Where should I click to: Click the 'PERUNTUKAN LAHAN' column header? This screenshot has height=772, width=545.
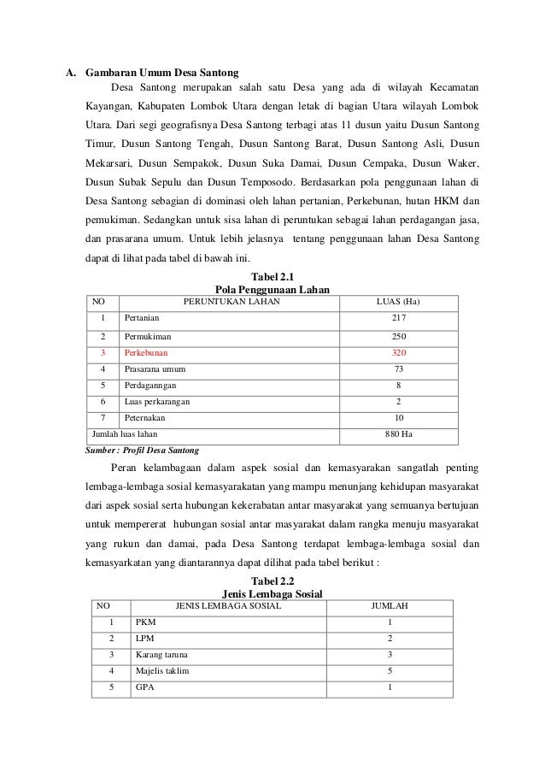[229, 302]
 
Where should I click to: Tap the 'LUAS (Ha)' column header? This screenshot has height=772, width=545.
[399, 302]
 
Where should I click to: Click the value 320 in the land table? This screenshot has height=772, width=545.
[399, 352]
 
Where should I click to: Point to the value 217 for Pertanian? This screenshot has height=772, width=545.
[399, 319]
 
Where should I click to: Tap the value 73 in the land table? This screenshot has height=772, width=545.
[399, 369]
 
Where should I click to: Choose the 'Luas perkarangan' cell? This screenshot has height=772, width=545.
[157, 402]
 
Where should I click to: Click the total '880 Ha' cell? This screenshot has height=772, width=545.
[399, 434]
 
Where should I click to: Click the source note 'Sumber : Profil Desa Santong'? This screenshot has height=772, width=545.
[141, 450]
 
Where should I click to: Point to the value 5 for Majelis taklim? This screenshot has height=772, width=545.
[390, 671]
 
